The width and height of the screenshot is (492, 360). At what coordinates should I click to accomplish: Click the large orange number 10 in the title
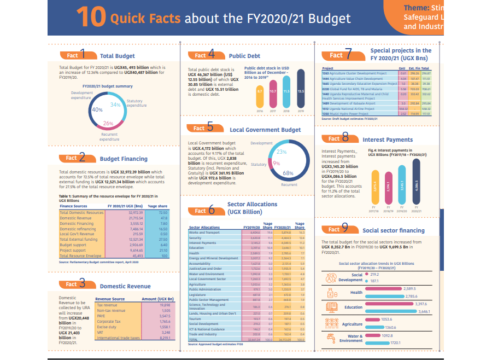(x=90, y=17)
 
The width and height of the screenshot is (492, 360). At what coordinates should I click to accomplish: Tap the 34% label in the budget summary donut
(x=115, y=104)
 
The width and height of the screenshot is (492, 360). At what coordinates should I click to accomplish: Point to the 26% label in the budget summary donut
(x=108, y=123)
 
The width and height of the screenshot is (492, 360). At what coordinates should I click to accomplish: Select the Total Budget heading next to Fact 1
(x=117, y=56)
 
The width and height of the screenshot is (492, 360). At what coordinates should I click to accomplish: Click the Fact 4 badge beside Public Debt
(x=205, y=55)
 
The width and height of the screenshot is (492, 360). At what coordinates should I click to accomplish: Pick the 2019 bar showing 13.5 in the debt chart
(x=300, y=92)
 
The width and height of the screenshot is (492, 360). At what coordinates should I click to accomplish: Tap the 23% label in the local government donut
(x=282, y=151)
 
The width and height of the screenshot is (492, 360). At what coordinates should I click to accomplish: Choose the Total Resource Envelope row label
(x=80, y=256)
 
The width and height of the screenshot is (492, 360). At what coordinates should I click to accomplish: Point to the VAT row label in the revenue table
(x=101, y=332)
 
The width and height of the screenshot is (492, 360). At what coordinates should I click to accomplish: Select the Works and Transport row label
(x=206, y=233)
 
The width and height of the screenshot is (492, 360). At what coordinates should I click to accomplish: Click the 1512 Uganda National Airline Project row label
(x=350, y=108)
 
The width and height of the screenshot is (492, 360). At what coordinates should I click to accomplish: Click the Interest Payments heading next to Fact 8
(x=391, y=140)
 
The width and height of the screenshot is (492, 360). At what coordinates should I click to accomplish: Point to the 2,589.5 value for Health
(x=411, y=288)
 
